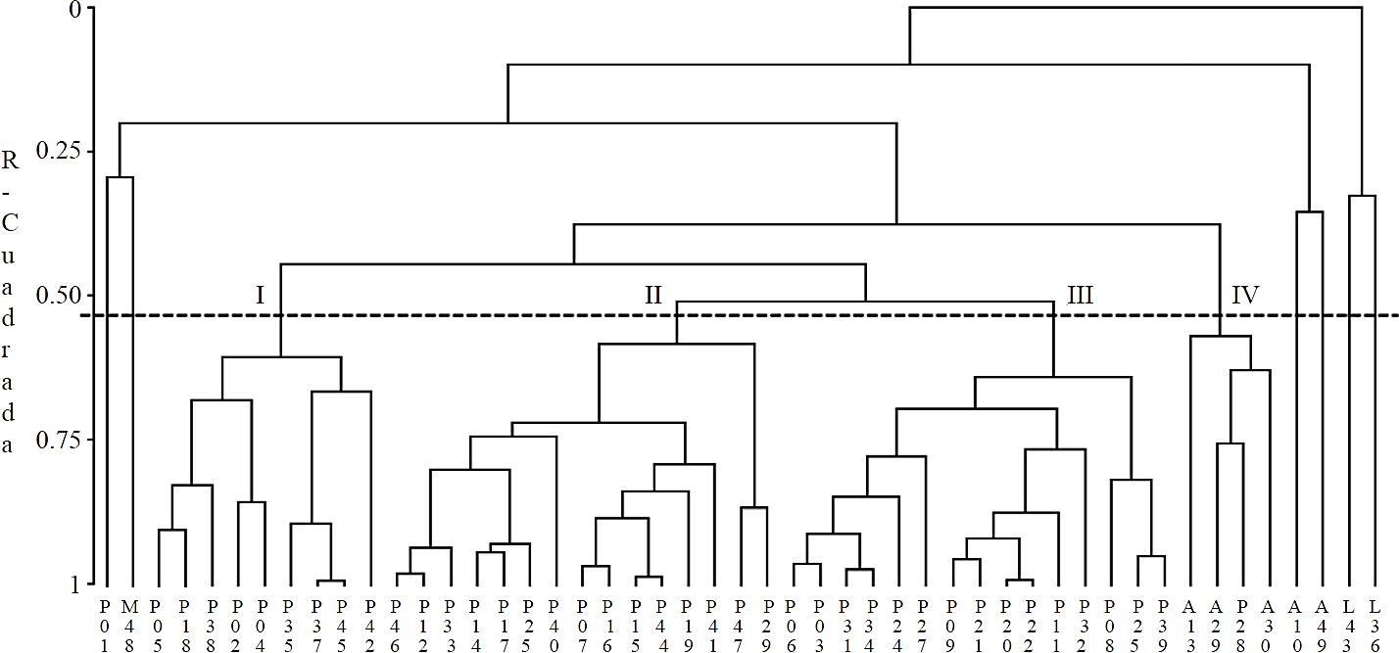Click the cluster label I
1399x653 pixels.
(261, 294)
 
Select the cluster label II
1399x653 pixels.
(653, 294)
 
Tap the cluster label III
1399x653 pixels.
(1079, 294)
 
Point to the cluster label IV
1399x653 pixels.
(1245, 294)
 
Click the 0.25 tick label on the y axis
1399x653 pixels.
(58, 152)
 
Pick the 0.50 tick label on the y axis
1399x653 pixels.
(58, 296)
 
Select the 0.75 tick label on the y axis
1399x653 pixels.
(58, 440)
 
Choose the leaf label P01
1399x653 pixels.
(104, 619)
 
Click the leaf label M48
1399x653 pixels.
(130, 619)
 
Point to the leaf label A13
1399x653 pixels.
(1189, 619)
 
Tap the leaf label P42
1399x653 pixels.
(369, 619)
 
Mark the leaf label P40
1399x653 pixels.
(555, 619)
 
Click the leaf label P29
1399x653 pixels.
(767, 619)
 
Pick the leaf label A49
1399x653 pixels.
(1323, 619)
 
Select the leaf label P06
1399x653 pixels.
(793, 619)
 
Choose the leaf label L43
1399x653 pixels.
(1349, 619)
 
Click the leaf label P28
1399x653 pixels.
(1243, 619)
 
